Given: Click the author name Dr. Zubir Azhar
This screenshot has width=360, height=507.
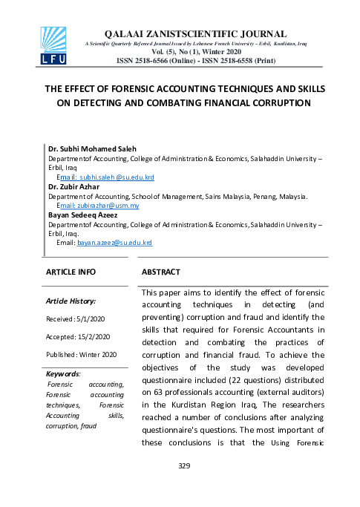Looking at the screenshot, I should (74, 186).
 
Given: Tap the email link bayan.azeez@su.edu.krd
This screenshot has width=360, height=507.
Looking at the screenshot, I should (114, 242).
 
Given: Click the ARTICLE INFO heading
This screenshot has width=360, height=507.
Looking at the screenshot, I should (71, 272).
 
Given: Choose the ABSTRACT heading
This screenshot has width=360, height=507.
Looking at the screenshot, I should (160, 272).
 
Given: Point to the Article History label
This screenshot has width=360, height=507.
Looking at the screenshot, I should (71, 301).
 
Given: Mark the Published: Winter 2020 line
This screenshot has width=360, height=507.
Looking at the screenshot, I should (81, 355).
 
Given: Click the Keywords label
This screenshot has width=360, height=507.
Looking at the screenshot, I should (62, 373).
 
